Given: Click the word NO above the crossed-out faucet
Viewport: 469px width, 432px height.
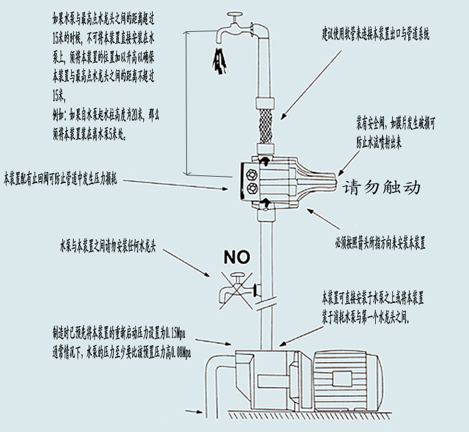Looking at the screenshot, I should pyautogui.click(x=236, y=256).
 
